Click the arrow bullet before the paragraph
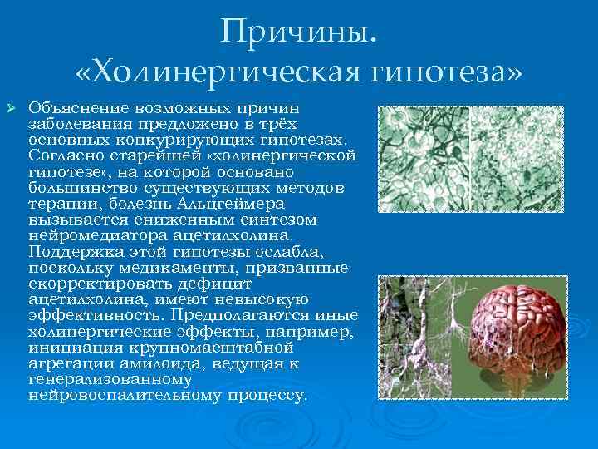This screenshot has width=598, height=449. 11,110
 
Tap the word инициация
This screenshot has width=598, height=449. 67,346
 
